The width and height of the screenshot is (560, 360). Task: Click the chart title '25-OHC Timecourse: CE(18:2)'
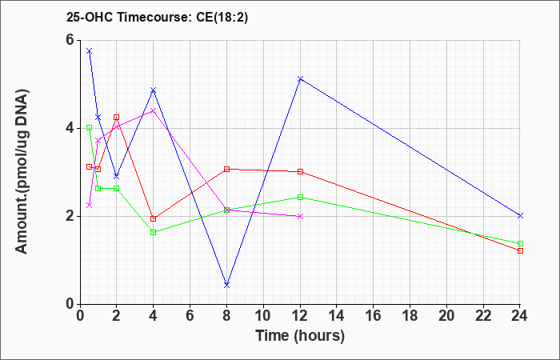(157, 18)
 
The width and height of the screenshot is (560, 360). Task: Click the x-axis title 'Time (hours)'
(300, 336)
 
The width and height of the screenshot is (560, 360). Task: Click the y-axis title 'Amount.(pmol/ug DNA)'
(22, 172)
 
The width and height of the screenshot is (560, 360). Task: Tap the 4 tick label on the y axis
(70, 128)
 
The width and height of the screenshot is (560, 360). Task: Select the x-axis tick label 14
(337, 316)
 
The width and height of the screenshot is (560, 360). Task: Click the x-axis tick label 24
(519, 316)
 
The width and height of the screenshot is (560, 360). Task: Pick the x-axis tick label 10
(263, 316)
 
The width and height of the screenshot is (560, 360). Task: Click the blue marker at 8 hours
(226, 285)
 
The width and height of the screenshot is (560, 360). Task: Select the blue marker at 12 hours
(300, 78)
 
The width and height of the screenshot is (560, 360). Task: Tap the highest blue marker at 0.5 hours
(90, 51)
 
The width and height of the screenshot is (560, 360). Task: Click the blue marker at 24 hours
(520, 216)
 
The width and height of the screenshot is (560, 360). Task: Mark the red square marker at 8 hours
(226, 169)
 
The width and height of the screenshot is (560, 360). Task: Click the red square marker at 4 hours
(154, 219)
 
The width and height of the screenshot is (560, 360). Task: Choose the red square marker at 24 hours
(520, 250)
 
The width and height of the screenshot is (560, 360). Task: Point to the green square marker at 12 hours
(300, 197)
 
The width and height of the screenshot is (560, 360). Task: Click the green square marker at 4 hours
(154, 233)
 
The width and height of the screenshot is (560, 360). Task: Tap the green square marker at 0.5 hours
(90, 127)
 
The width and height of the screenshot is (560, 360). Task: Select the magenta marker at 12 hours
(300, 217)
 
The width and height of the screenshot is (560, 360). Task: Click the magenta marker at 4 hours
(154, 110)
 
